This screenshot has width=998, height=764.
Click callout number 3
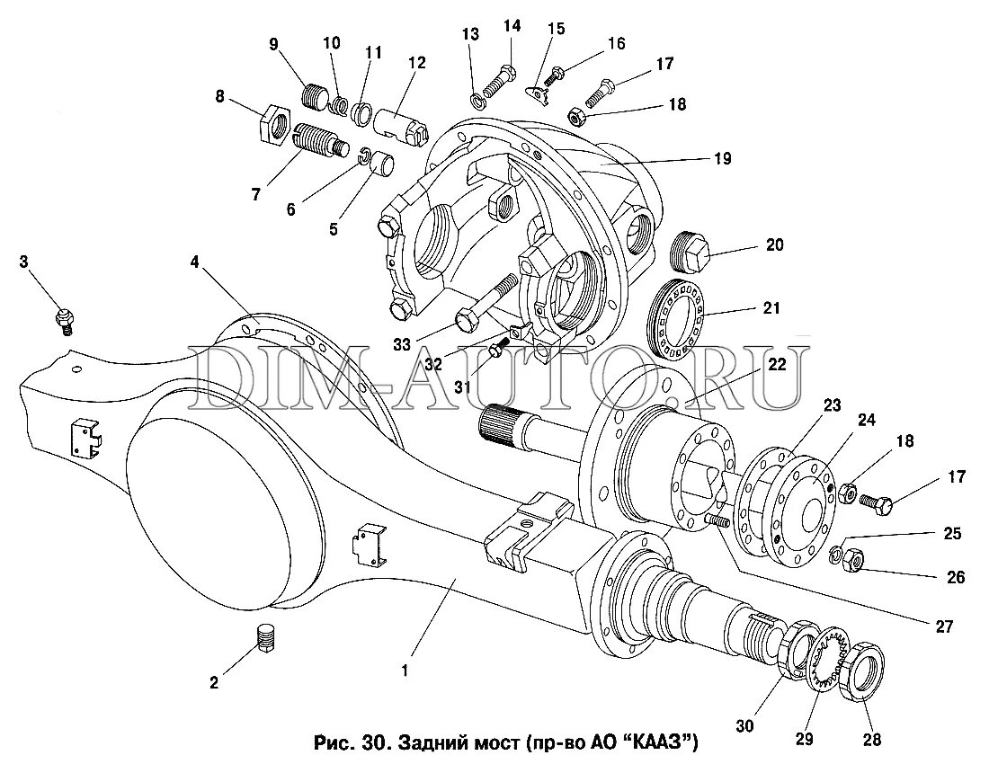pos(23,262)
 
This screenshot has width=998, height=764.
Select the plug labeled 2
pos(264,640)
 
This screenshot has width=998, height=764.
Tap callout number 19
pos(722,159)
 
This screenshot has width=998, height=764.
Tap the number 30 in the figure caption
pos(375,744)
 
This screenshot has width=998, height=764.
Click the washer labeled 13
pos(475,98)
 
